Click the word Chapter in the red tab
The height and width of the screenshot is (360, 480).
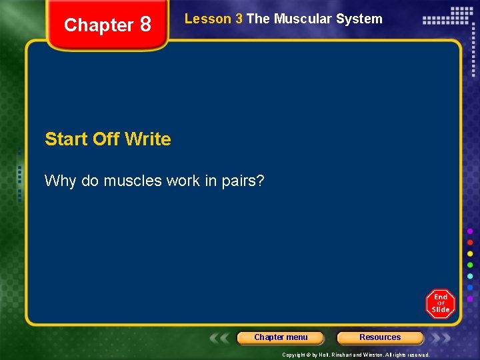point(99,25)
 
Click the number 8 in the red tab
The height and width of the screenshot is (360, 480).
point(145,25)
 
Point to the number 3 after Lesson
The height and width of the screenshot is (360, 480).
point(239,19)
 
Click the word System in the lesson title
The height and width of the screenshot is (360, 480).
point(361,19)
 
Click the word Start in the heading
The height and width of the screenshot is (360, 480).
point(67,139)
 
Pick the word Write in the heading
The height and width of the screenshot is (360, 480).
point(147,139)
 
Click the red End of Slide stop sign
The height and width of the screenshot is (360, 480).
point(440,304)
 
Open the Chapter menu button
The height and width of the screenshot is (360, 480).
point(281,337)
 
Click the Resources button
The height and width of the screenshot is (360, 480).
point(380,337)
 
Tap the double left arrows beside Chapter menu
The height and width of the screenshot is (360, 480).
point(221,338)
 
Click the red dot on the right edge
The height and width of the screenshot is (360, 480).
point(470,242)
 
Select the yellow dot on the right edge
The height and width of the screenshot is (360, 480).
point(470,253)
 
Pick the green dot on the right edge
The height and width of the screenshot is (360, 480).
point(470,265)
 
